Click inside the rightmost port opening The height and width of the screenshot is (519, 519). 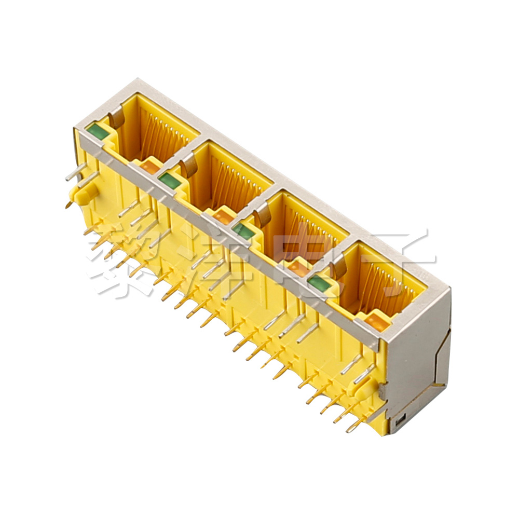pyautogui.click(x=381, y=285)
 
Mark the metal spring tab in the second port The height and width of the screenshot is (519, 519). pyautogui.click(x=190, y=165)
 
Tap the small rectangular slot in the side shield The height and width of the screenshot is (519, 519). pyautogui.click(x=399, y=422)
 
